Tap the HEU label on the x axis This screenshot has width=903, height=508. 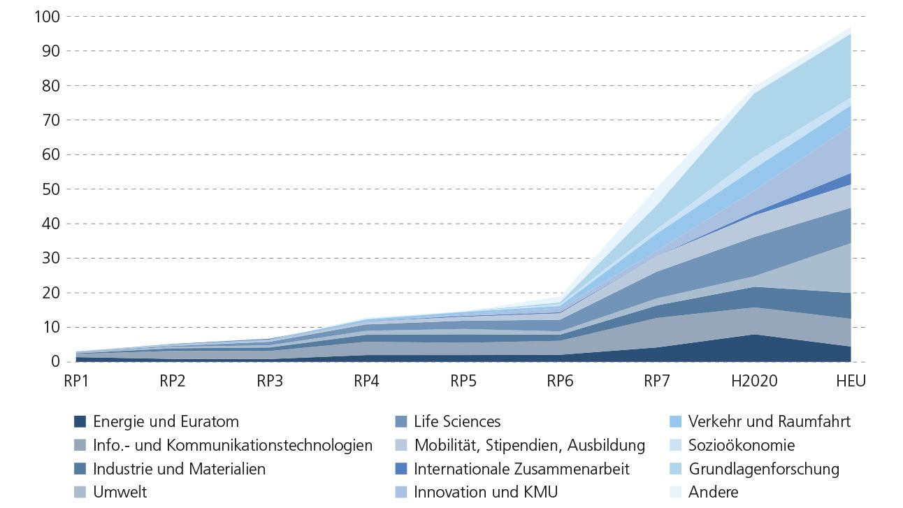850,381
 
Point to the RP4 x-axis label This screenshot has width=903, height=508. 367,381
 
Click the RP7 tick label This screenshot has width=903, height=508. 658,381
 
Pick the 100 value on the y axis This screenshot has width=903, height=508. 47,16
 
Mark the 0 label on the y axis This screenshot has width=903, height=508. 55,361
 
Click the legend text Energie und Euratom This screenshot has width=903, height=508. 166,422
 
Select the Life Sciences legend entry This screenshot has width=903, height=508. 457,422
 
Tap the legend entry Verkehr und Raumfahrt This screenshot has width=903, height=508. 769,422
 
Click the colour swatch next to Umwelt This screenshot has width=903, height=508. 80,493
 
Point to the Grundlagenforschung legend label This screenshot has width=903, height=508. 763,469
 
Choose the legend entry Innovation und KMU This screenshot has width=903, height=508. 486,493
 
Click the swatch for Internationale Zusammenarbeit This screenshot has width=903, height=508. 400,469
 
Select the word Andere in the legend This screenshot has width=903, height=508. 713,493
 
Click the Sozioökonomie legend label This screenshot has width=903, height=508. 741,445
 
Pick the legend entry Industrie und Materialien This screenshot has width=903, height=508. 179,469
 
